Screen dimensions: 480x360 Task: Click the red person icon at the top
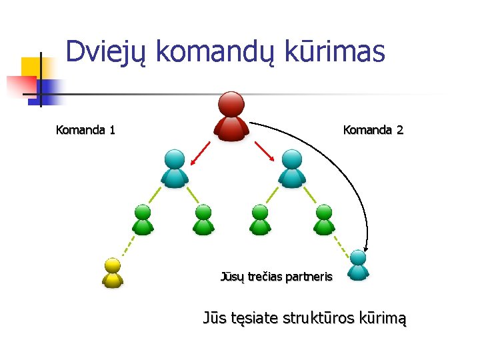(231, 116)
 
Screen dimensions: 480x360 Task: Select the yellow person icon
(113, 272)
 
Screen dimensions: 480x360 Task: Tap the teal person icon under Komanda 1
(175, 168)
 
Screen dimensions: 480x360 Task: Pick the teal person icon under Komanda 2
(291, 168)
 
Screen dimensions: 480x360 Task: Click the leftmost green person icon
(143, 219)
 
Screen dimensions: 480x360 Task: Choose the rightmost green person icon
(324, 219)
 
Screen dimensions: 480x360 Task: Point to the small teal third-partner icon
(359, 265)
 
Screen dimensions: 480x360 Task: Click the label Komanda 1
(85, 130)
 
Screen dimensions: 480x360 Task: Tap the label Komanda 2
(373, 130)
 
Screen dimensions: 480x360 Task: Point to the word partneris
(309, 276)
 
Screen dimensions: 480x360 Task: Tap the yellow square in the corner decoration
(30, 67)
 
